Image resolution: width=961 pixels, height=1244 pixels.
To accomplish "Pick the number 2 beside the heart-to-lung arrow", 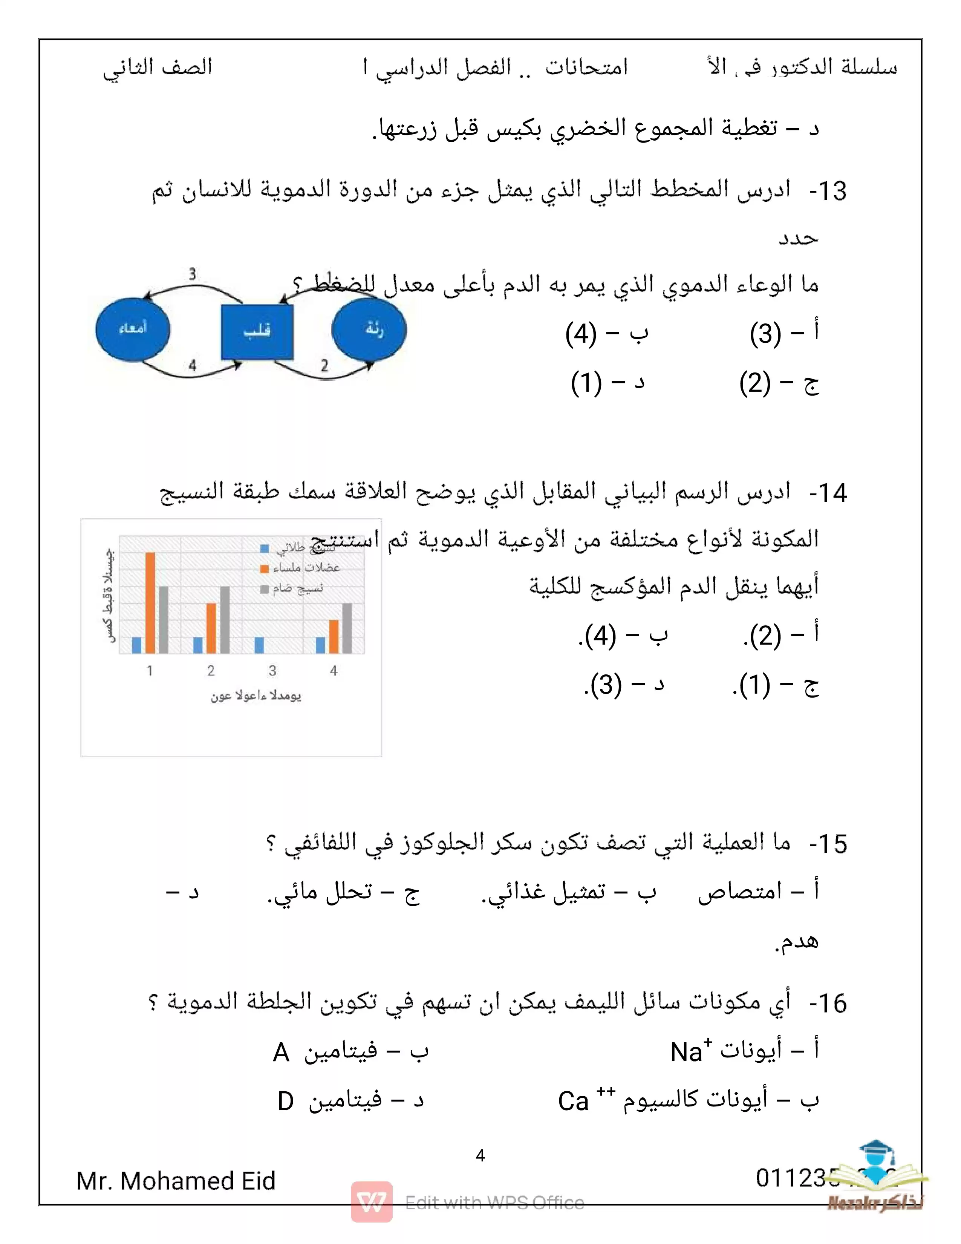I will (x=324, y=365).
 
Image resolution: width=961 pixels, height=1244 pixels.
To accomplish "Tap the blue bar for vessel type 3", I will (x=259, y=645).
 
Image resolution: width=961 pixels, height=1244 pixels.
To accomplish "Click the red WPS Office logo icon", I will (x=371, y=1202).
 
